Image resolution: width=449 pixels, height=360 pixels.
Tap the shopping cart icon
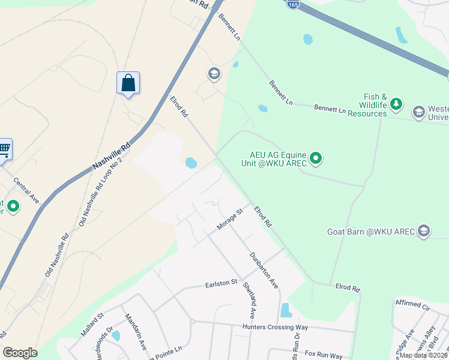click(x=4, y=148)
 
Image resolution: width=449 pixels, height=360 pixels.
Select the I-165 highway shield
click(x=292, y=4)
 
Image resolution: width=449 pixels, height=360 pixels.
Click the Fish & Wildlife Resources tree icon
click(x=396, y=105)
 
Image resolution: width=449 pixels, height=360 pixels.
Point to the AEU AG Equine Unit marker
click(x=316, y=158)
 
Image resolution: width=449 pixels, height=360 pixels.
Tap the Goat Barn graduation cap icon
click(x=424, y=232)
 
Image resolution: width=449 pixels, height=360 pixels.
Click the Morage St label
click(x=230, y=219)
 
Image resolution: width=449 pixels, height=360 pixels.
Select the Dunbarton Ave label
click(x=264, y=269)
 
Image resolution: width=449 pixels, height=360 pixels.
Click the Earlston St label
click(x=222, y=283)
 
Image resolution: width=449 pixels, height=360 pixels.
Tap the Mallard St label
click(x=92, y=323)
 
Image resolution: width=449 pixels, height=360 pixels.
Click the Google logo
click(x=20, y=353)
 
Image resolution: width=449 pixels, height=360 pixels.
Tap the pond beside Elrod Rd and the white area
click(x=191, y=163)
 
